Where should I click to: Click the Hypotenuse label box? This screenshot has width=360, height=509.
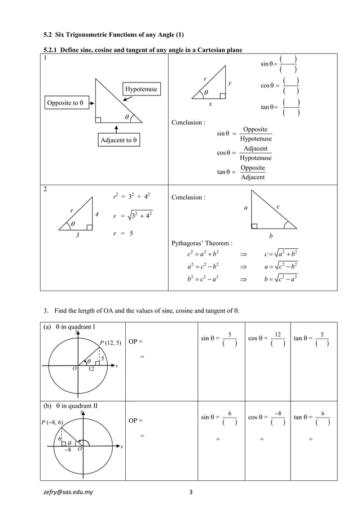tap(142, 89)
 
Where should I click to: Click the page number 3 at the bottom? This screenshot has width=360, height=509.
tap(192, 492)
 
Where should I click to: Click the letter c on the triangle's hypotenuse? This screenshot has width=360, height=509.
tap(278, 207)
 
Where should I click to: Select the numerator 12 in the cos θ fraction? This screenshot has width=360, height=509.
tap(277, 335)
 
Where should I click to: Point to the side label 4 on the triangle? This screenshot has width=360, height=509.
tap(97, 214)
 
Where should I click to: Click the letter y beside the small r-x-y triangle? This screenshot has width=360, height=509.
tap(230, 84)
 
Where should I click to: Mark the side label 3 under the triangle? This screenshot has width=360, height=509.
tap(77, 236)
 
